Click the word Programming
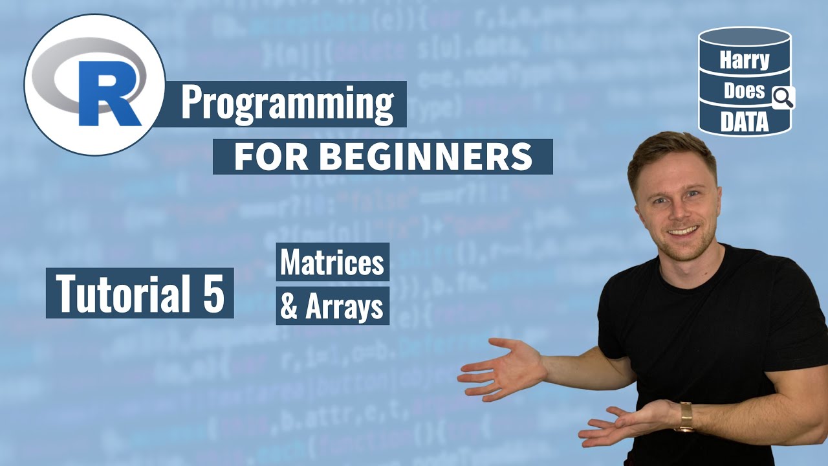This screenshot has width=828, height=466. pos(287,104)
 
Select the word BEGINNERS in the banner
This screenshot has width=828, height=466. pos(426,157)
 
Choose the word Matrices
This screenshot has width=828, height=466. pos(332,262)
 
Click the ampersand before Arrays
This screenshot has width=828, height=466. pos(289,308)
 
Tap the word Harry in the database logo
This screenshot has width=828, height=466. pos(744,61)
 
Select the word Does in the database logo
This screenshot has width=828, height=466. pos(743,91)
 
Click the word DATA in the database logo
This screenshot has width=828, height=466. pos(744,122)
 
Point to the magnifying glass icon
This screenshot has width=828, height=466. pos(783,98)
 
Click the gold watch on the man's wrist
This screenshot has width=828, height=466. pos(684,417)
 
